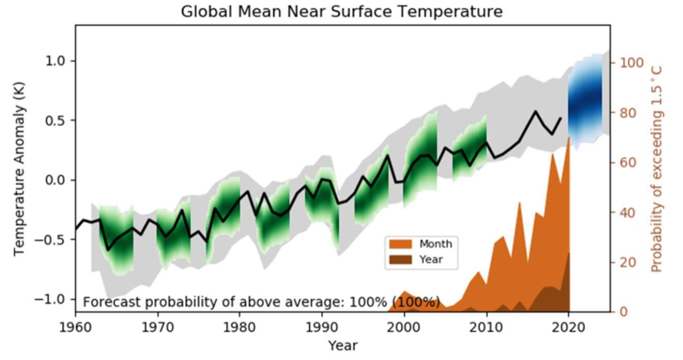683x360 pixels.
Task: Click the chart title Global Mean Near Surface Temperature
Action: coord(341,11)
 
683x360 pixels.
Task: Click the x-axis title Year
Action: coord(342,346)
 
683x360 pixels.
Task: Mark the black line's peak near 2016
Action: coord(536,111)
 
